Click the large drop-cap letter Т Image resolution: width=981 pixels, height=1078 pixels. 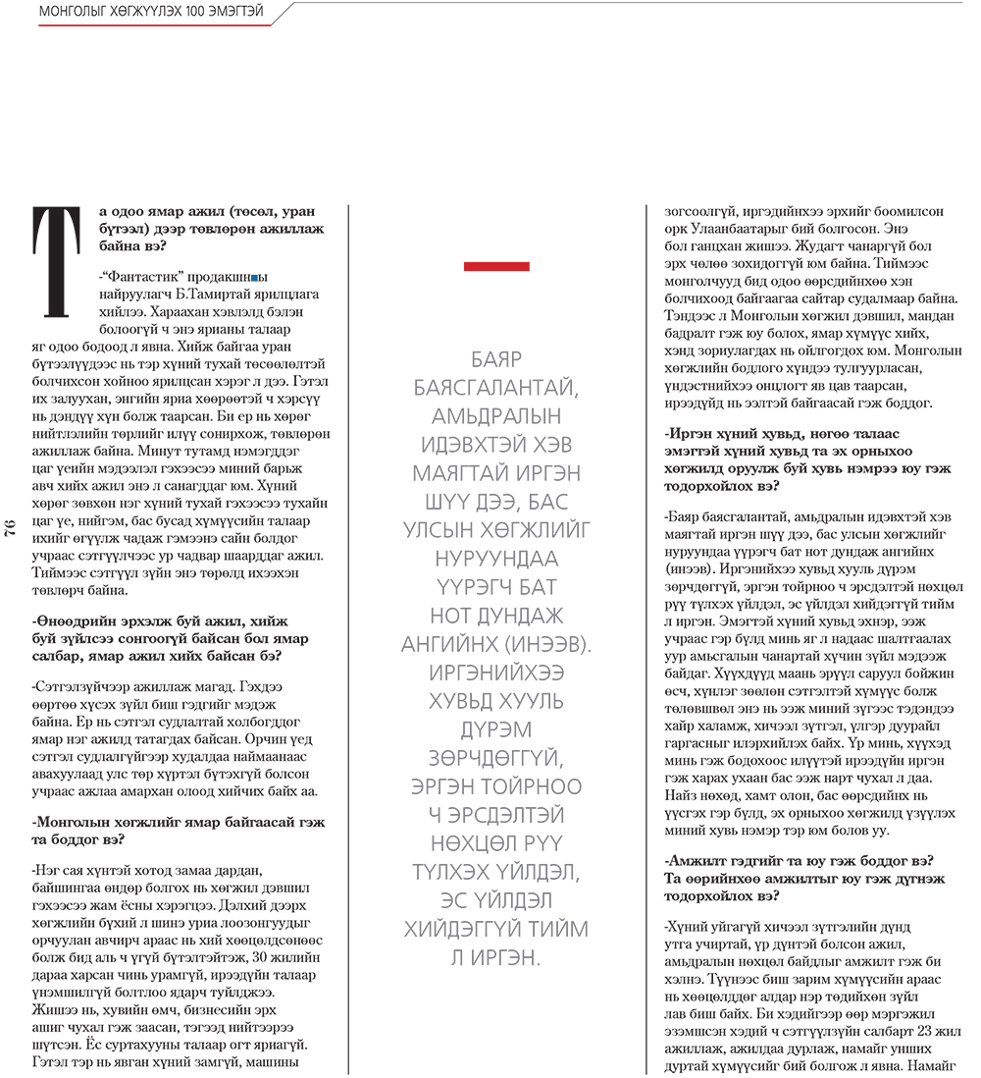coord(55,261)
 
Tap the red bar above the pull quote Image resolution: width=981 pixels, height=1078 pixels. coord(496,266)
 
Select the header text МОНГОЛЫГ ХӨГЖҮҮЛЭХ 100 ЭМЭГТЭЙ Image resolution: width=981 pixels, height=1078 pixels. coord(152,12)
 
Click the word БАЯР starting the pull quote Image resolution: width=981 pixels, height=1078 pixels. coord(496,358)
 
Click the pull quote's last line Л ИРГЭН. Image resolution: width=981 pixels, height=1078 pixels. coord(496,957)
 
